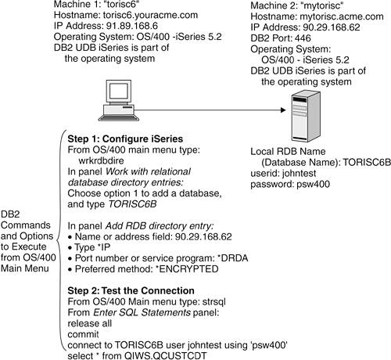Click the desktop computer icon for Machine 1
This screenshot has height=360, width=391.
click(119, 100)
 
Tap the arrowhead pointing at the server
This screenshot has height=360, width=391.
click(283, 110)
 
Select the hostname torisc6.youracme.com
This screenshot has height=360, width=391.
click(150, 15)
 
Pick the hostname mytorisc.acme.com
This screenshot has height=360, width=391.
click(342, 16)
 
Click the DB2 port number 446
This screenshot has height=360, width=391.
click(303, 38)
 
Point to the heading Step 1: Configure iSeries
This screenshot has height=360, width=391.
click(125, 139)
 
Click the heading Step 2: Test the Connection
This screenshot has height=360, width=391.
click(131, 290)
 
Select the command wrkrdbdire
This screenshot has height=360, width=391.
click(101, 160)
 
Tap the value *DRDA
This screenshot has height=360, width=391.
click(232, 258)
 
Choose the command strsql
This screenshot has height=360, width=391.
click(214, 302)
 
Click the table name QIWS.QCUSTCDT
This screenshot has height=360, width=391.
click(166, 355)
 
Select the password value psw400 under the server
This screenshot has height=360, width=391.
click(313, 185)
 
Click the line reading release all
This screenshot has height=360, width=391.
click(90, 323)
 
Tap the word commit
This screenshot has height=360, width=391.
click(83, 334)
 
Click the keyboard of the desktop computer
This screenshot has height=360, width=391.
click(119, 117)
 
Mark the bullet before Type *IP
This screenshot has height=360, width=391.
click(70, 248)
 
